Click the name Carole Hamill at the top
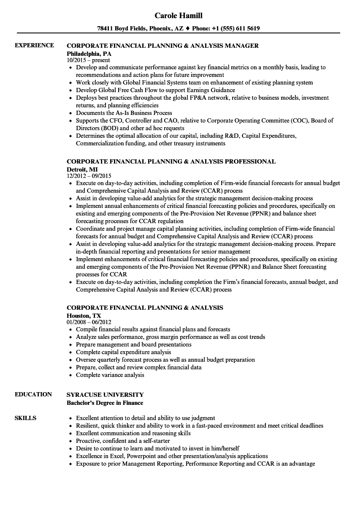tap(178, 16)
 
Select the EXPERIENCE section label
tap(34, 45)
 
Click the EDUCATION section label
tap(33, 394)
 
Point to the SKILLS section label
tap(25, 418)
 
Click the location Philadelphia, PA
tap(89, 53)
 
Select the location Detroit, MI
tap(82, 169)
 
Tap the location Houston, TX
tap(84, 315)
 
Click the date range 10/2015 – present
tap(88, 60)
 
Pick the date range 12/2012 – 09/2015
tap(89, 176)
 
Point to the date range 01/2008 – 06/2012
tap(89, 322)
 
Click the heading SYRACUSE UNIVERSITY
tap(105, 394)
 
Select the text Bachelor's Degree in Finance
tap(105, 403)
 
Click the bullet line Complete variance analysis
tap(110, 375)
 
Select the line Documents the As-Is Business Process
tap(124, 113)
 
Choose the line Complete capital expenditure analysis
tap(123, 352)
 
